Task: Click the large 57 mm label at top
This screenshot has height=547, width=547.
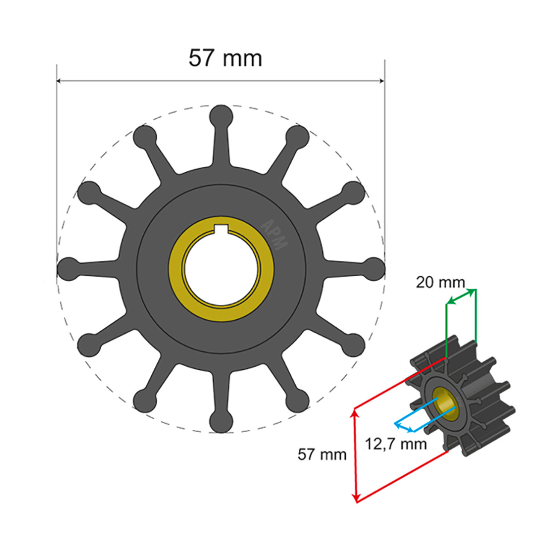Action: click(x=225, y=59)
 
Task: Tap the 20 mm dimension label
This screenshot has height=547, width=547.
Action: click(x=440, y=282)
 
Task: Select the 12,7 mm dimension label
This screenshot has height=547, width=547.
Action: click(x=396, y=444)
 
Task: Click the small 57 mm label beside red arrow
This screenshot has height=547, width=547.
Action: click(x=322, y=454)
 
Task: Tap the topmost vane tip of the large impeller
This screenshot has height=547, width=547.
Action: click(x=221, y=115)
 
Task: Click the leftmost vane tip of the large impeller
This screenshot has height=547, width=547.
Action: click(x=68, y=269)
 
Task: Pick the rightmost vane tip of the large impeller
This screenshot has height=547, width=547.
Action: click(x=374, y=268)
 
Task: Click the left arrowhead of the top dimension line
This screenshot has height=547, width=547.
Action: click(x=59, y=80)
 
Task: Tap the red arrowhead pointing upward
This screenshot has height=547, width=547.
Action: click(x=354, y=412)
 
